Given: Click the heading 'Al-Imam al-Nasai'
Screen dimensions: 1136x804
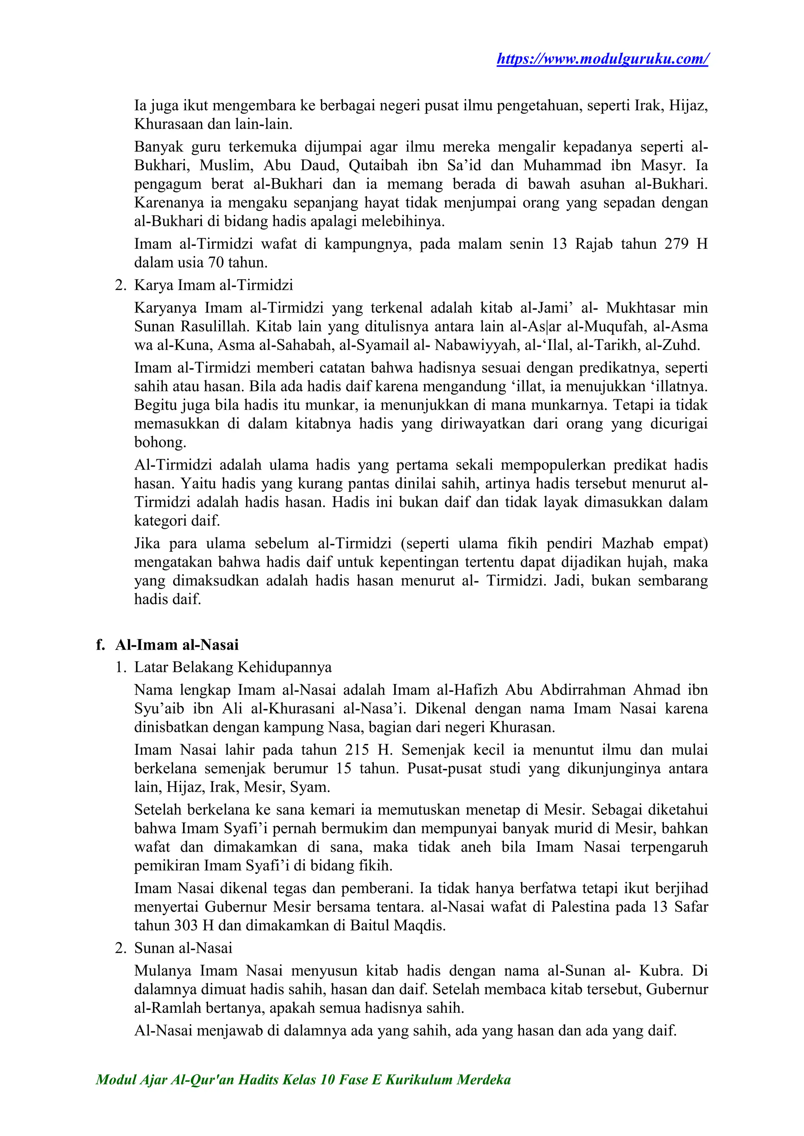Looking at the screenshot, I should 177,645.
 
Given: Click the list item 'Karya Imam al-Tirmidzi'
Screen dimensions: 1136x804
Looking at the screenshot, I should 214,286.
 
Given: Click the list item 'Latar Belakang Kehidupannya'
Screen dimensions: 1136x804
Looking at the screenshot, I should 233,668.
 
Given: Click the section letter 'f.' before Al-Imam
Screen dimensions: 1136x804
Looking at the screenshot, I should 100,645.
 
